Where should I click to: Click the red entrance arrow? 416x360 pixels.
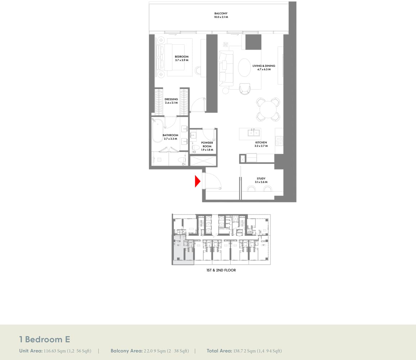click(198, 181)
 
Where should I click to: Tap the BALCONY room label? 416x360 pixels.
click(221, 14)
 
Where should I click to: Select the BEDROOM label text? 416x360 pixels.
click(182, 57)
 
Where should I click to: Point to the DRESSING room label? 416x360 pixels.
click(171, 99)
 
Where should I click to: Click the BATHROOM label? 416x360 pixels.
click(170, 135)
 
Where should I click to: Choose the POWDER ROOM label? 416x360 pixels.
click(207, 144)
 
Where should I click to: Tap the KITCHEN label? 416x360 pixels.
click(261, 143)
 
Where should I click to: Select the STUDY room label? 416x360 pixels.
click(261, 179)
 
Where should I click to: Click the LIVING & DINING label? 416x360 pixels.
click(264, 66)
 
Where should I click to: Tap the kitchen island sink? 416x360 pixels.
click(254, 132)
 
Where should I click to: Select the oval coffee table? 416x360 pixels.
click(244, 67)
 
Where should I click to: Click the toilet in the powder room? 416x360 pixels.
click(195, 148)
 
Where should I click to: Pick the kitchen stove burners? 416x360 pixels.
click(279, 141)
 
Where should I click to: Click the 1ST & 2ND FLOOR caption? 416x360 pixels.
click(221, 270)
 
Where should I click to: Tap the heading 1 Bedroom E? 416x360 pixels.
click(45, 339)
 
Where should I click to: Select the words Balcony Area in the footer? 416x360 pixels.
click(127, 351)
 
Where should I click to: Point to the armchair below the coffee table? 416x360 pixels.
click(245, 89)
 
